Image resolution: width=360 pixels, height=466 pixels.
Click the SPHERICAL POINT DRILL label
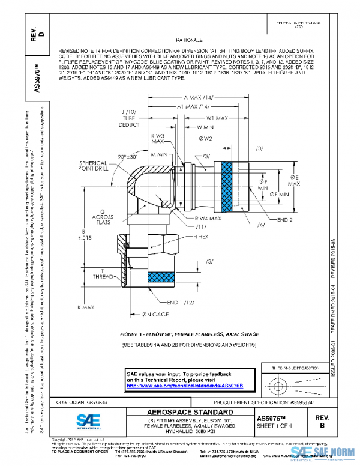point(91,166)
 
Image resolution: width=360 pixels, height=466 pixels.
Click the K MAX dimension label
point(86,307)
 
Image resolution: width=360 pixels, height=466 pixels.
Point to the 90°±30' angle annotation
point(129,157)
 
